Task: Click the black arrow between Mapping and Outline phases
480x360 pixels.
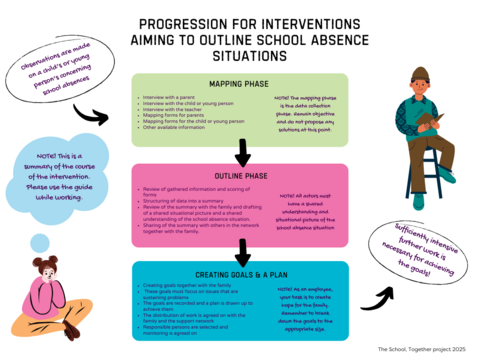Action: pyautogui.click(x=241, y=153)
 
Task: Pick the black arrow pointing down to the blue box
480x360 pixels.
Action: pyautogui.click(x=241, y=250)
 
